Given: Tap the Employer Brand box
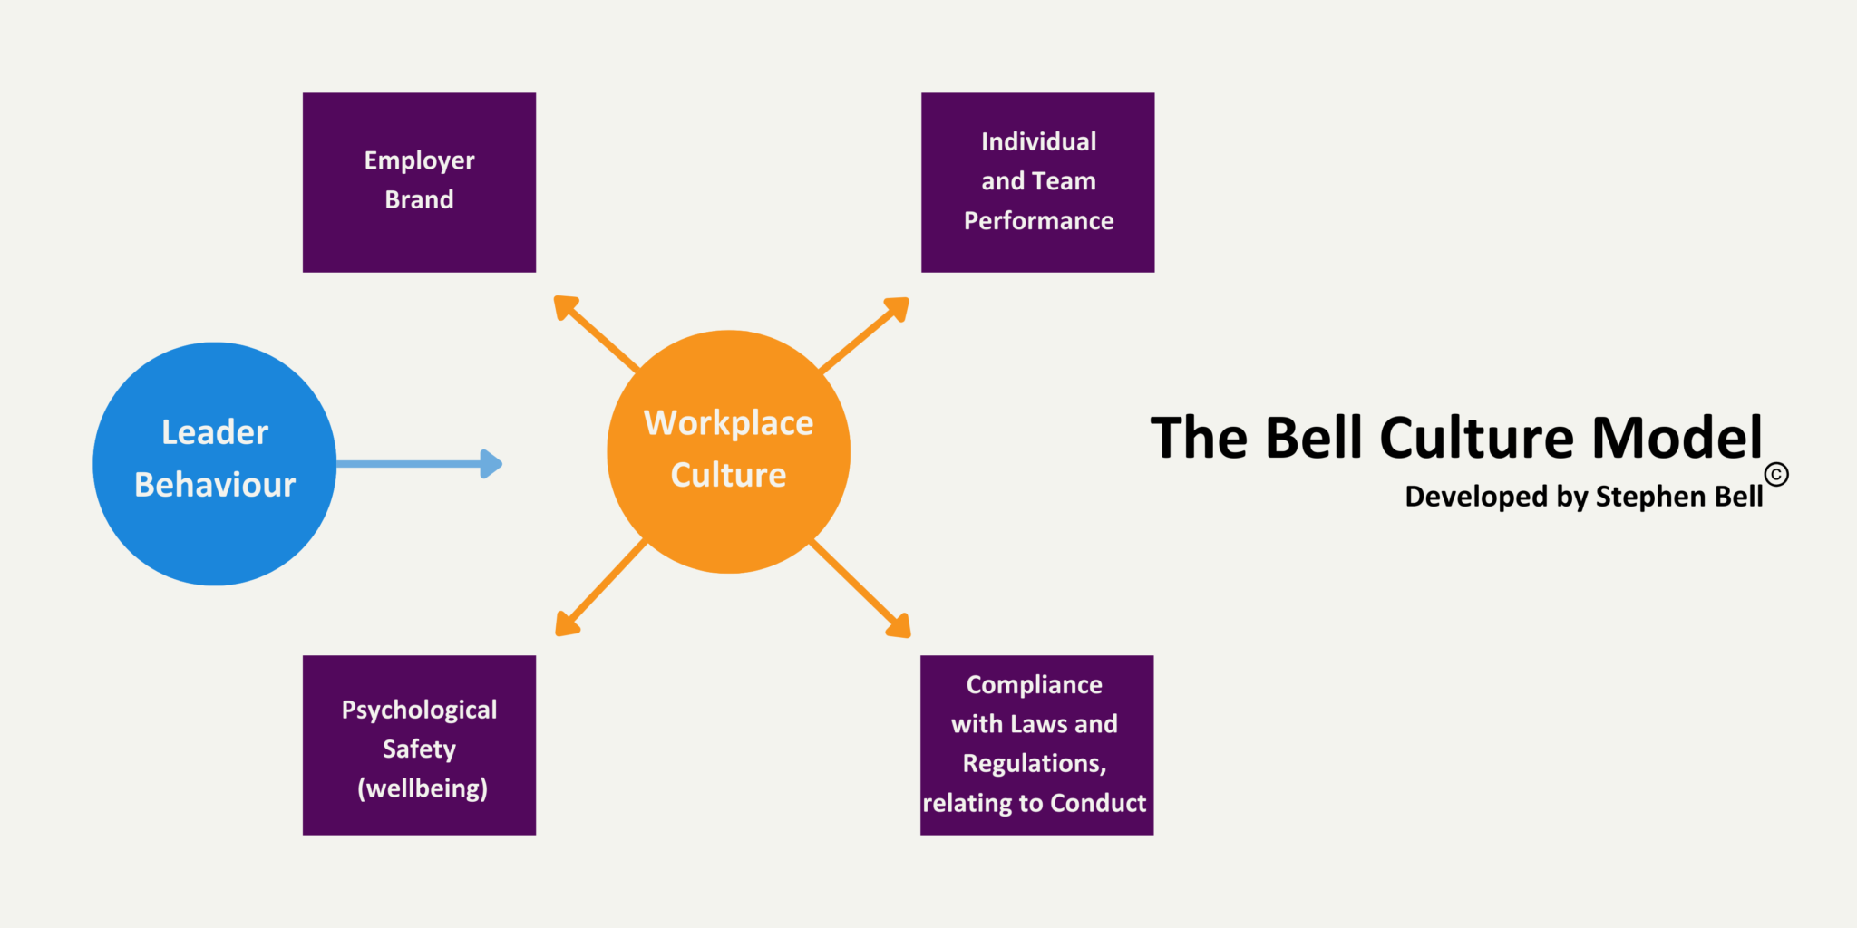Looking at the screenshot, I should (419, 181).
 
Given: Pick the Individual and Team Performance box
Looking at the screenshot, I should (1037, 181).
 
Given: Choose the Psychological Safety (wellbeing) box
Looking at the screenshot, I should (419, 745).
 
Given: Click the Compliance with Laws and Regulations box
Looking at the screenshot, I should (1036, 745).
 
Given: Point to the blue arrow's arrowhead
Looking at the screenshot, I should (491, 464).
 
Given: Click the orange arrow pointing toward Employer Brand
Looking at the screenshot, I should (597, 333).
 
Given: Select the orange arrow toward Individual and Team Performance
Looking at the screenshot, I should (864, 334).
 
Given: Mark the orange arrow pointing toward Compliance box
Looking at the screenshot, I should (861, 590).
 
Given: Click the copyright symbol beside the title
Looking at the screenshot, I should (1776, 474).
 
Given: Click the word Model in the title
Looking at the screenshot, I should (1677, 438).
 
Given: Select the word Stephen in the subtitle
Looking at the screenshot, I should (1650, 497).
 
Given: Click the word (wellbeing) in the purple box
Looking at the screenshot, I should (423, 788).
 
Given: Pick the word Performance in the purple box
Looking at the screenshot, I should (1038, 221).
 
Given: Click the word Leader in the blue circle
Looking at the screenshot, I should (215, 432).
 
